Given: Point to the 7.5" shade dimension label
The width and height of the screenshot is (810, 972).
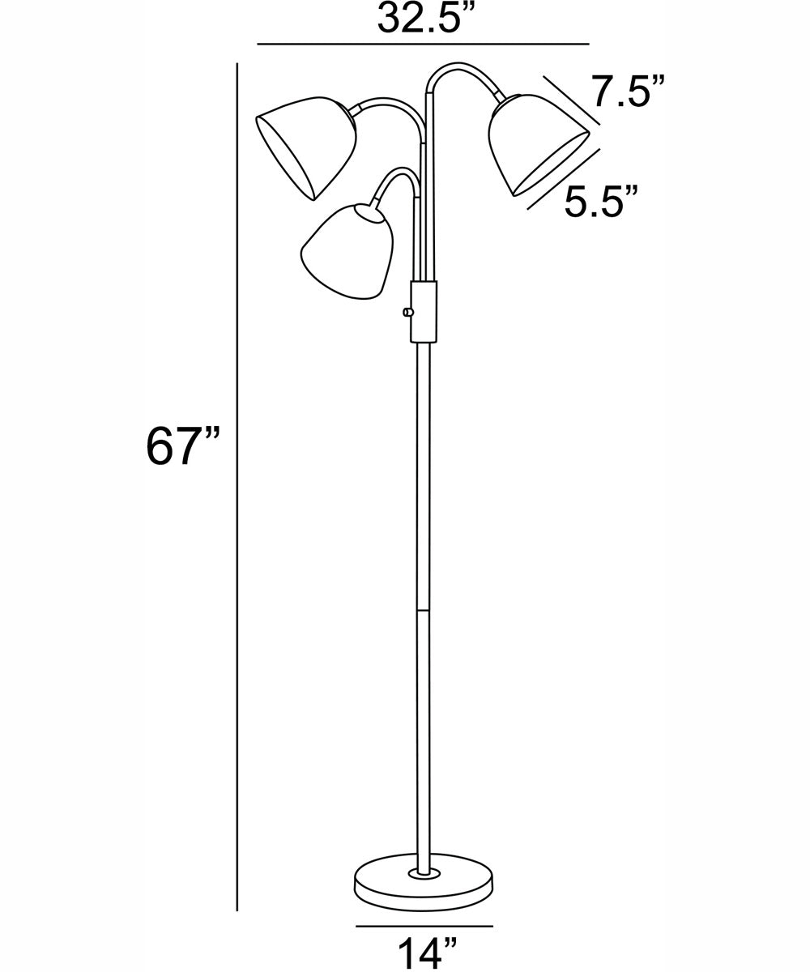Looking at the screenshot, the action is pyautogui.click(x=628, y=91).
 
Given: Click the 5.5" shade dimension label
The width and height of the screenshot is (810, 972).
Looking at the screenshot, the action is pyautogui.click(x=600, y=201).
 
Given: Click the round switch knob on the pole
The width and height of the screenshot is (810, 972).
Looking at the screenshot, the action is pyautogui.click(x=407, y=312).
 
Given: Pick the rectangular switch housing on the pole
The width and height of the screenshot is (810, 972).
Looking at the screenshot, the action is pyautogui.click(x=424, y=311).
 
